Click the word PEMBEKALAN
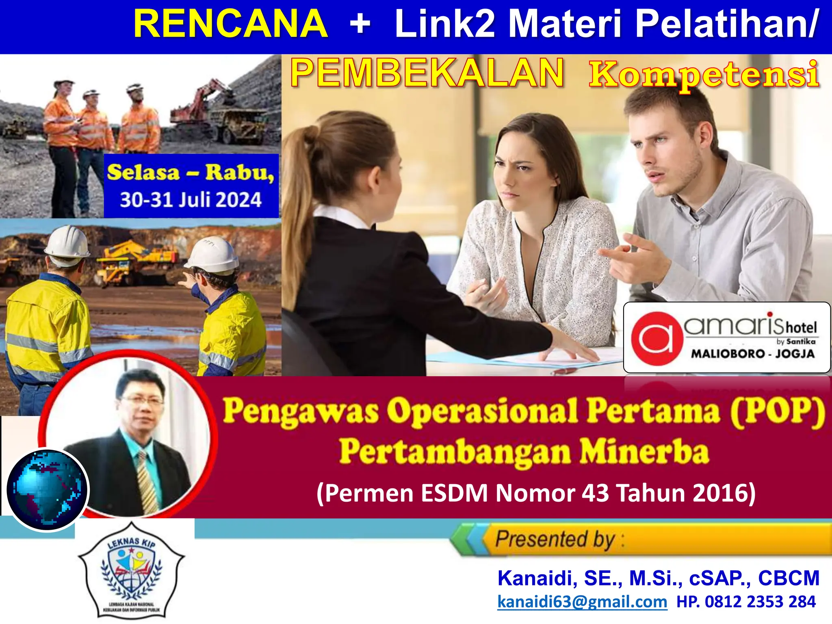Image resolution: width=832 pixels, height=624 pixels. pyautogui.click(x=427, y=73)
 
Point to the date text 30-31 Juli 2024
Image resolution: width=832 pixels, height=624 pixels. pyautogui.click(x=191, y=200)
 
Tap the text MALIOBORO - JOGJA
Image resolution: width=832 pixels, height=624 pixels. pyautogui.click(x=752, y=353)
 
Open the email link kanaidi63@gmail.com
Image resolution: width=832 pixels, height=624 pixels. pyautogui.click(x=582, y=602)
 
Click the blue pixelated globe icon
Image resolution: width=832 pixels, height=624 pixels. pyautogui.click(x=48, y=490)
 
